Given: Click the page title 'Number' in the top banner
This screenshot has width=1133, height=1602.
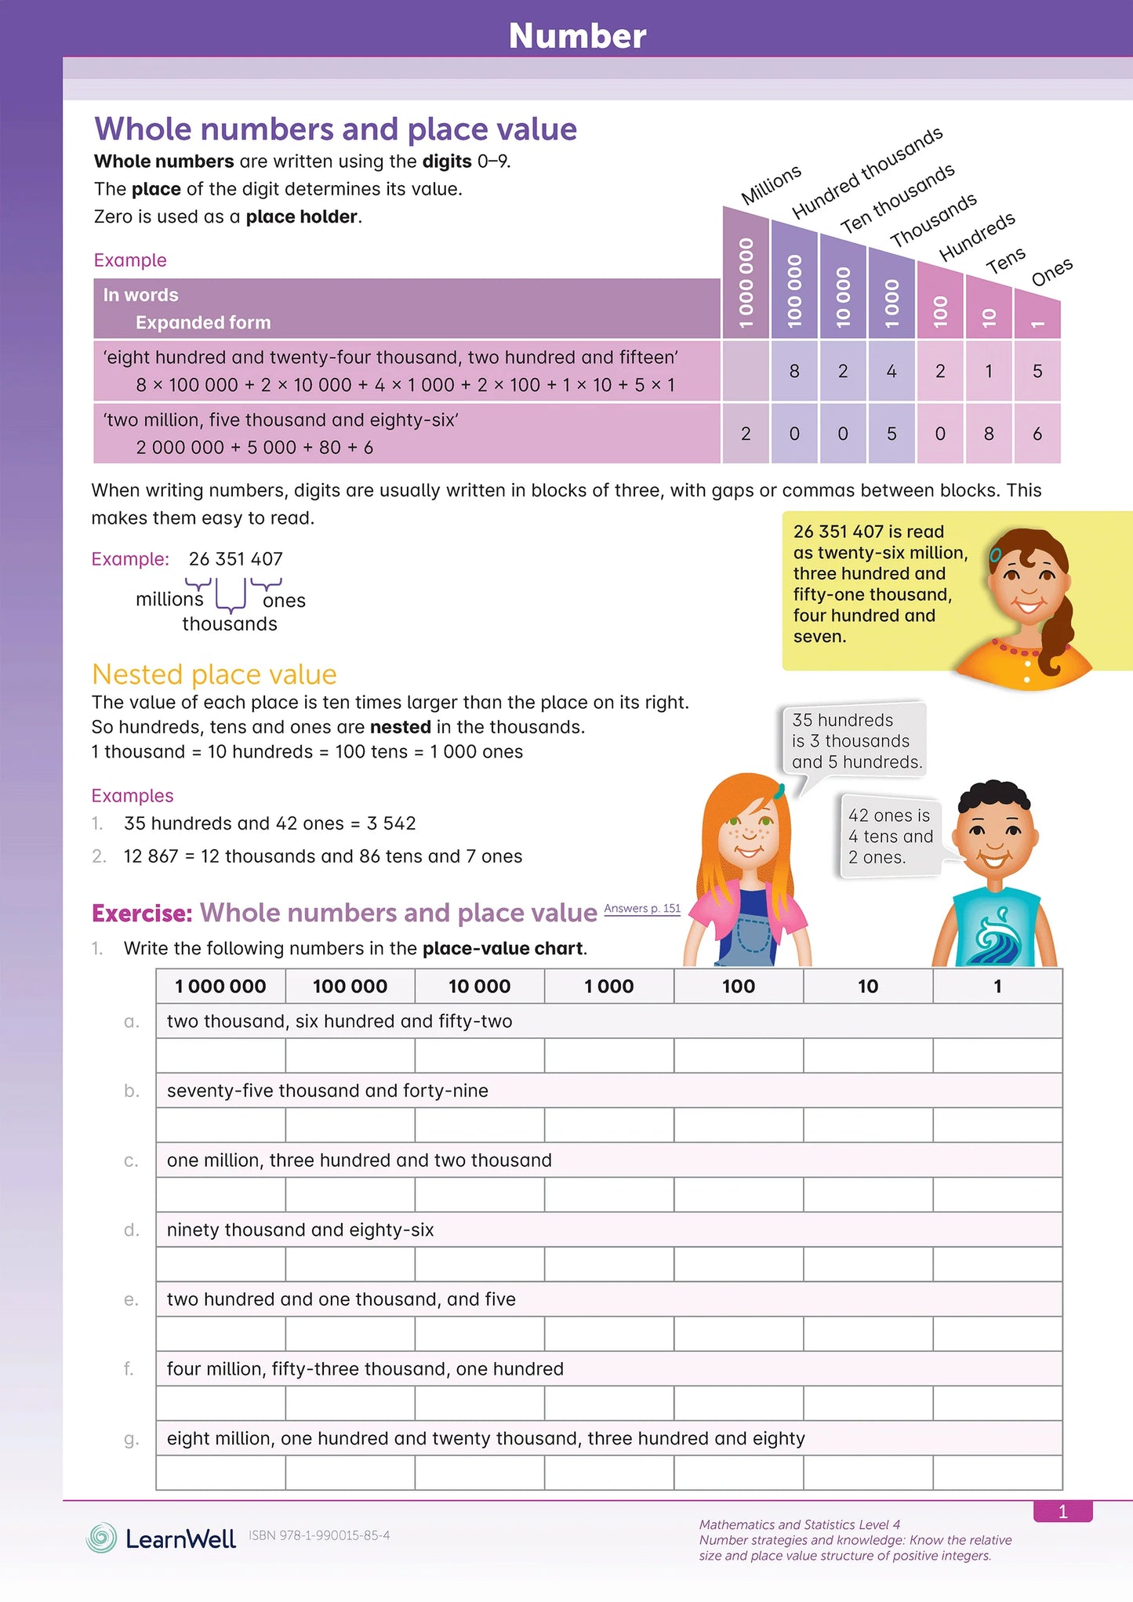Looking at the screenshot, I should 577,36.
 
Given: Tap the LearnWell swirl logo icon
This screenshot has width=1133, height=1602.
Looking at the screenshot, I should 101,1538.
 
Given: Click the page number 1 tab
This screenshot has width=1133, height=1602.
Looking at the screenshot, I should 1062,1512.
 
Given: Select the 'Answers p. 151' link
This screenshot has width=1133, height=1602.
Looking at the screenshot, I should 642,908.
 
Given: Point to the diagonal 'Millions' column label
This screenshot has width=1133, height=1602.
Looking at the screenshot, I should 771,184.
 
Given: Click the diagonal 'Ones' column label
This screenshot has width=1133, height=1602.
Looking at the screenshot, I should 1051,272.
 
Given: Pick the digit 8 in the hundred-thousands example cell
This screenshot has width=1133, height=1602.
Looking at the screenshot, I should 794,371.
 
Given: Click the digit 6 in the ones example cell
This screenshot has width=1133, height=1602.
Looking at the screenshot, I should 1037,434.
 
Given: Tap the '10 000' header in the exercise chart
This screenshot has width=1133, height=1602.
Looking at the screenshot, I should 479,986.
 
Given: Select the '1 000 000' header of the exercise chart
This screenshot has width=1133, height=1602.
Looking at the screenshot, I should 220,986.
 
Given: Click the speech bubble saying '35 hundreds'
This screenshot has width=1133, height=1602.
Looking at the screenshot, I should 855,740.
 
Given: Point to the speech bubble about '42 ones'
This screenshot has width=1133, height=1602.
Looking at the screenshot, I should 890,837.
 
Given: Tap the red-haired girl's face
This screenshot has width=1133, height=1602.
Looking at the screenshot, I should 747,833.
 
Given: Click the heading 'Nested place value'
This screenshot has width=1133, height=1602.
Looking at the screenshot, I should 214,674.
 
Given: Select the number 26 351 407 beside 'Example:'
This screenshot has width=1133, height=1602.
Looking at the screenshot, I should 235,559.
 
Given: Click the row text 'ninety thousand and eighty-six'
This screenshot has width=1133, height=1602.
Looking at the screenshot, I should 300,1230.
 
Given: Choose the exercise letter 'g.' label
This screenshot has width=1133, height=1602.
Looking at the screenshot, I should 131,1439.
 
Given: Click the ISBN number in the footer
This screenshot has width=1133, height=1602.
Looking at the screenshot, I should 319,1535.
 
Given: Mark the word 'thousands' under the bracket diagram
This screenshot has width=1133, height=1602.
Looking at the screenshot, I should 230,624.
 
